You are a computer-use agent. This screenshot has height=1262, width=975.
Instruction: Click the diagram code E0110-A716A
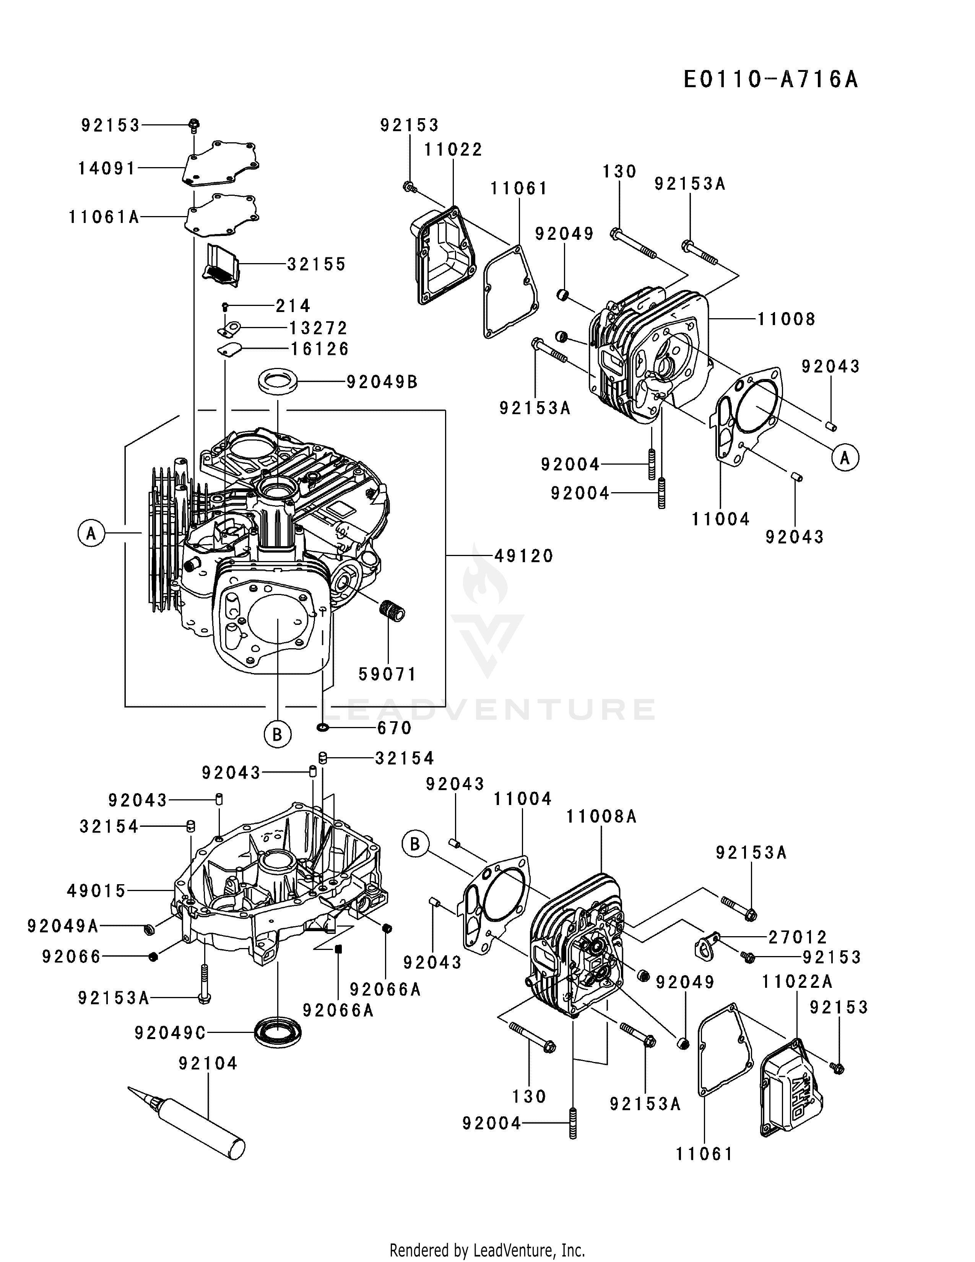coord(770,80)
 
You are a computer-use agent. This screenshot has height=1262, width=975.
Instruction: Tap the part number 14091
coord(107,169)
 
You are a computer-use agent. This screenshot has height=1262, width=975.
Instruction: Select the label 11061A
coord(104,217)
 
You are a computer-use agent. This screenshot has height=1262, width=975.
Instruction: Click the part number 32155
coord(317,264)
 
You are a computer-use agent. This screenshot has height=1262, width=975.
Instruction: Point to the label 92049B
coord(382,382)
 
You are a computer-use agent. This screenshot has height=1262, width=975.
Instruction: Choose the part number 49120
coord(524,556)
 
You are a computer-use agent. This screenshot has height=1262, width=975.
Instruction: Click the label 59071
coord(387,674)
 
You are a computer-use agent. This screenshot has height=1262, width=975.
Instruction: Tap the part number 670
coord(395,728)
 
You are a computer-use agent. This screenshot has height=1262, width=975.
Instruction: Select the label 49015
coord(96,891)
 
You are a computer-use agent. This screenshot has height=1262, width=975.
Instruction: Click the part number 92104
coord(208,1063)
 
